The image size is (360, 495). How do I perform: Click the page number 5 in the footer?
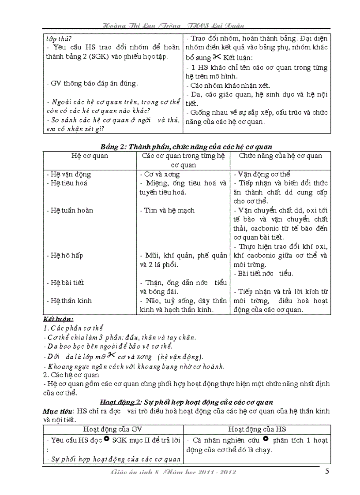[x=327, y=472]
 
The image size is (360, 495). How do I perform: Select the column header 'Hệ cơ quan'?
[x=90, y=156]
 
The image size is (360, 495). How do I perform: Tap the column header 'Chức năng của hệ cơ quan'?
[x=280, y=156]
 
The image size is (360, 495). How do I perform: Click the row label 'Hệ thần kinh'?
[x=69, y=301]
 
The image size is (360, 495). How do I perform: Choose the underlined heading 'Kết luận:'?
[x=58, y=319]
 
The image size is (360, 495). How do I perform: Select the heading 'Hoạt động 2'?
[x=187, y=402]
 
